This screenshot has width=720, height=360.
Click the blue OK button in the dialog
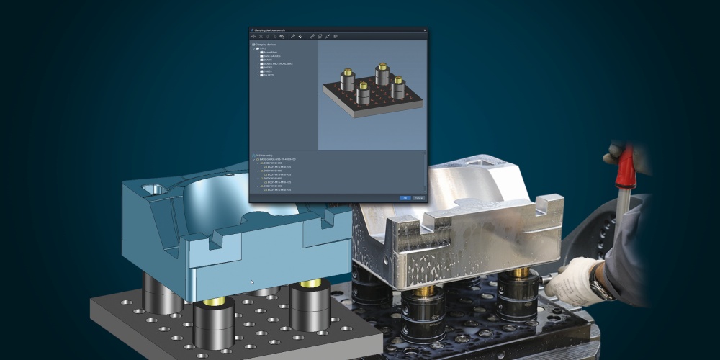click(x=405, y=197)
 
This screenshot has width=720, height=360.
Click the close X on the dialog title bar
click(x=424, y=30)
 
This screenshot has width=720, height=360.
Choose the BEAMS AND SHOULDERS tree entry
click(x=277, y=63)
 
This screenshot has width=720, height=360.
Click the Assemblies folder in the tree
click(x=271, y=52)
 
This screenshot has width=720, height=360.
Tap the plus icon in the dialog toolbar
click(x=253, y=36)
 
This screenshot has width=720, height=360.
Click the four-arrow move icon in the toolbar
click(x=300, y=36)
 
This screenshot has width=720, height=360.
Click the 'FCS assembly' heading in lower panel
click(x=265, y=155)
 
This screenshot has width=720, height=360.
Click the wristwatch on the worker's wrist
click(x=599, y=289)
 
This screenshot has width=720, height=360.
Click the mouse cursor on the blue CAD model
click(x=251, y=282)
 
